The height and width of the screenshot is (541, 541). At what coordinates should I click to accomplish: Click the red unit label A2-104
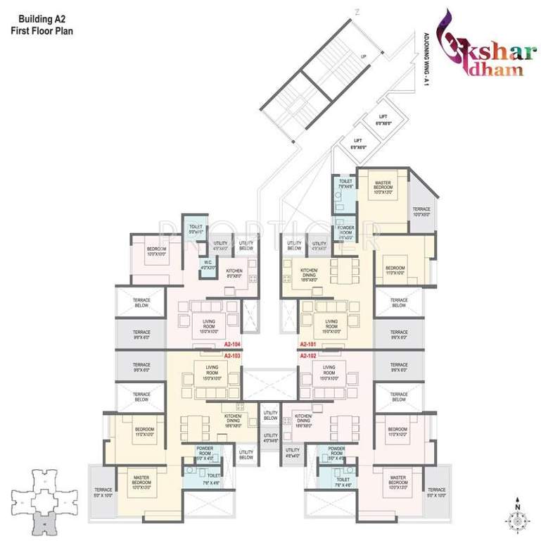(232, 344)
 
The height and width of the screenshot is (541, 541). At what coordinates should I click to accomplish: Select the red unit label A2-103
(232, 356)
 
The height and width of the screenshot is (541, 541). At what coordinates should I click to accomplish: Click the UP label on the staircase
(362, 56)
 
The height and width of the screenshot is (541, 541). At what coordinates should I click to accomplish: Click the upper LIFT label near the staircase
(383, 120)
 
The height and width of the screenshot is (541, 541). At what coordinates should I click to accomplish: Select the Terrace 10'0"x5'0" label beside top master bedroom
(421, 212)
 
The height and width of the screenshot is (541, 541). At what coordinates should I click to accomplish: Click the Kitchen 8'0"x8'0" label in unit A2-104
(234, 274)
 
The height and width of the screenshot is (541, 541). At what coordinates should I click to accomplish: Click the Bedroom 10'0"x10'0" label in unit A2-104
(156, 252)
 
